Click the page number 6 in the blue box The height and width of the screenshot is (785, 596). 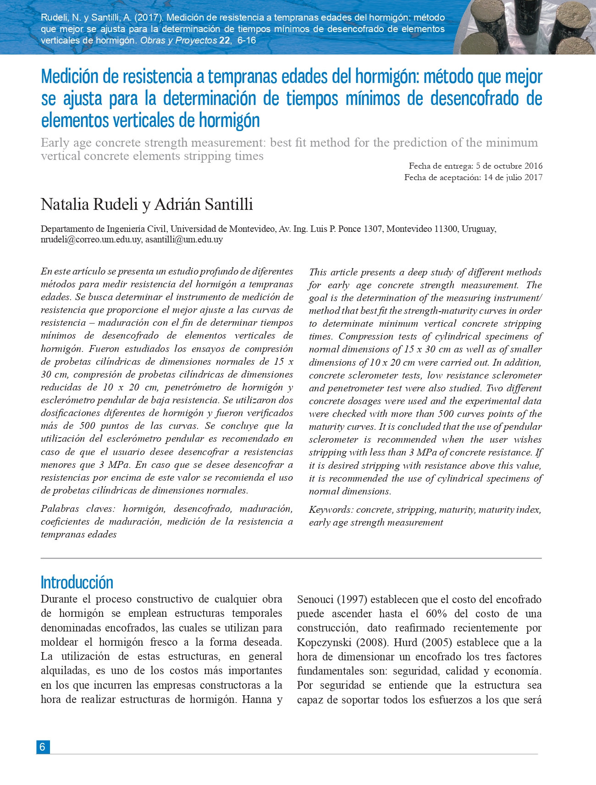coord(43,747)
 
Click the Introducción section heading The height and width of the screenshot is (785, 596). coord(77,582)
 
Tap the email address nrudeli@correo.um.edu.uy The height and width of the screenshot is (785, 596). coord(91,239)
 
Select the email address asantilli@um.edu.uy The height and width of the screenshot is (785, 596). coord(184,239)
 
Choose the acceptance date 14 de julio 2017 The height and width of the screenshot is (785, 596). coord(513,177)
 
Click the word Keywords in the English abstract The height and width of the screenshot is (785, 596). coord(330,510)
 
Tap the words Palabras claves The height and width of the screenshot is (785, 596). coord(78,509)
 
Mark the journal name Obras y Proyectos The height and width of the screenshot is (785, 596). coord(178,40)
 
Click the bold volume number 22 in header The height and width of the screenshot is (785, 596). coord(224,40)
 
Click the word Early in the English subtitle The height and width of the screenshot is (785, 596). coord(55,143)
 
